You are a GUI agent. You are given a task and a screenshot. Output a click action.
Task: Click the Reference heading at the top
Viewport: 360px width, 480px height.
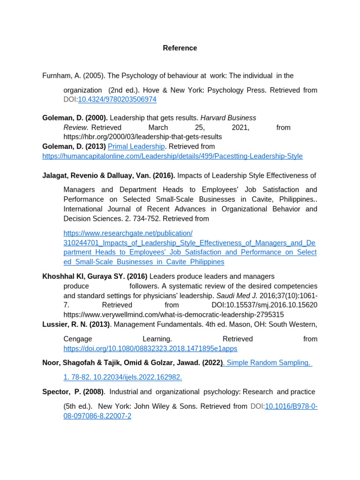(180, 48)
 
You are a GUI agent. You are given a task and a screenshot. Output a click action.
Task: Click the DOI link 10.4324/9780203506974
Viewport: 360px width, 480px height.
(117, 99)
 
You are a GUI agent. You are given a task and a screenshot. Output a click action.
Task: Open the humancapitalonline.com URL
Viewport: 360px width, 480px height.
(172, 156)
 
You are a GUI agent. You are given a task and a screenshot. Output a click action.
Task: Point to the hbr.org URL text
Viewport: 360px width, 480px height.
(142, 137)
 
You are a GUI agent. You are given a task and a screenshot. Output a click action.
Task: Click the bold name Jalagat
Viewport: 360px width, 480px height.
(55, 175)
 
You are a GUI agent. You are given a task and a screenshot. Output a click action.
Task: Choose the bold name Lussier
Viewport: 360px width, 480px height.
(55, 324)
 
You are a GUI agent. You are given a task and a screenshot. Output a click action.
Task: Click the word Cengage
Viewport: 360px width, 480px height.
(78, 339)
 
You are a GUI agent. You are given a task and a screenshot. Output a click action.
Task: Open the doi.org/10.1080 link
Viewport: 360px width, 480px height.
(150, 348)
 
